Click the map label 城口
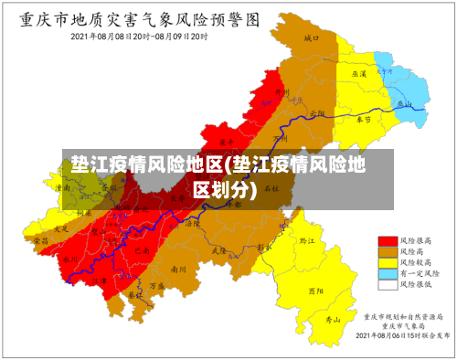(x=312, y=39)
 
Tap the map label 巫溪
(x=359, y=72)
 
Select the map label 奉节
(x=365, y=120)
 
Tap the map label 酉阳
(x=315, y=291)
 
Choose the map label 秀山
(x=333, y=321)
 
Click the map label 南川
(x=178, y=270)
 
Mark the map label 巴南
(x=139, y=249)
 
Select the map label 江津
(x=100, y=275)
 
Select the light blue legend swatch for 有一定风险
(x=387, y=273)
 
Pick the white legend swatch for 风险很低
(x=387, y=284)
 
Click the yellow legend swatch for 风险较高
(x=387, y=262)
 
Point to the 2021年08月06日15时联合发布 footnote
(x=401, y=335)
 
